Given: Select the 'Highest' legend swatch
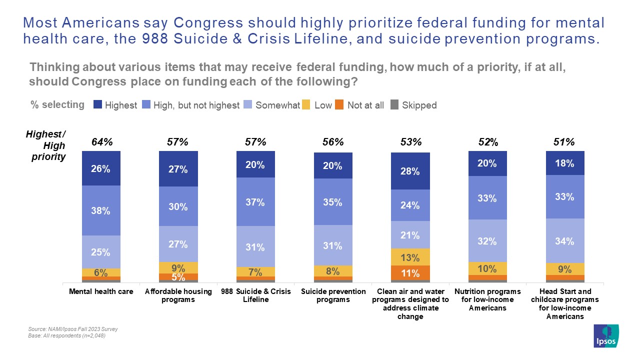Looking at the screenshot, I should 98,105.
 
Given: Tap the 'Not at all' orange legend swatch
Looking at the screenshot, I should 339,105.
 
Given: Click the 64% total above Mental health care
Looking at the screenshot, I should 102,142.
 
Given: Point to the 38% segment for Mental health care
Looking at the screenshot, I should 101,210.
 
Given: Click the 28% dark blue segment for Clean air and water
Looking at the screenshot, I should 410,170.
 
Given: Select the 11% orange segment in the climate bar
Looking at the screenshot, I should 410,273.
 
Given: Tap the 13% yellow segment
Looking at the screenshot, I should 410,257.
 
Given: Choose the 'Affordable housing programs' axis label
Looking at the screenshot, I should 177,295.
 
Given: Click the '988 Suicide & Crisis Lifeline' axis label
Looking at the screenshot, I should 255,295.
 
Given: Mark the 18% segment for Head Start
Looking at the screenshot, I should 565,163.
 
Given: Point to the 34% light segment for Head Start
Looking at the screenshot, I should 565,240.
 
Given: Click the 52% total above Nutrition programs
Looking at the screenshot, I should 487,142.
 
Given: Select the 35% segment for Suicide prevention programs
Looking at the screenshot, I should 332,202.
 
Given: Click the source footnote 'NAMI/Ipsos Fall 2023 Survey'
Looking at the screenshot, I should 73,329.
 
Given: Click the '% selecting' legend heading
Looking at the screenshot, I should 57,104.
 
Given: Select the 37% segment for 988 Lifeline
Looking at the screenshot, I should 255,201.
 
